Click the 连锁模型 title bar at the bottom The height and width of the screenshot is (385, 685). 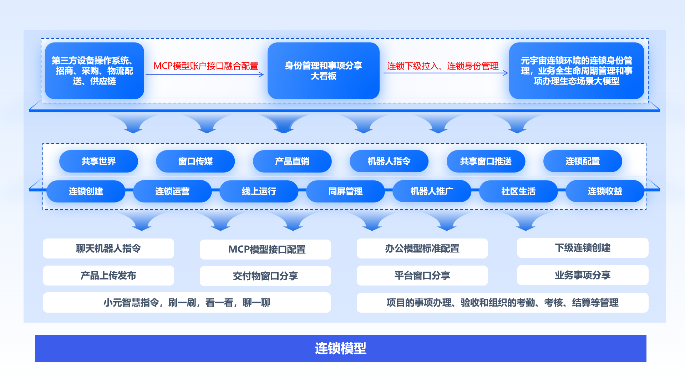click(340, 348)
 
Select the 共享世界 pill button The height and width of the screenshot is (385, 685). click(98, 161)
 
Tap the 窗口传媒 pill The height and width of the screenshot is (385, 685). click(195, 161)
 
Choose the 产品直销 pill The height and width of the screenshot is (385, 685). click(292, 161)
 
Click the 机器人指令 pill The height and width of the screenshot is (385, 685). click(389, 161)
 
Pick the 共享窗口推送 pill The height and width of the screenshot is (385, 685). click(486, 161)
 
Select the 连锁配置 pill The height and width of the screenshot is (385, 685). click(582, 161)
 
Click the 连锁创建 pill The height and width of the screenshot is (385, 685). click(86, 191)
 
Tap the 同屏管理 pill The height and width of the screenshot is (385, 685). click(345, 191)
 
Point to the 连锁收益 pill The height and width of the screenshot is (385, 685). click(605, 191)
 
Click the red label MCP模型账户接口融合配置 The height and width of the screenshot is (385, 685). click(206, 66)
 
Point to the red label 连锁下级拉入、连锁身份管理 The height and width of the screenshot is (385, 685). click(443, 66)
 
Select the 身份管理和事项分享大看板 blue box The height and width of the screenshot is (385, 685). click(323, 71)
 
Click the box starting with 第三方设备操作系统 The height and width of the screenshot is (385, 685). click(94, 71)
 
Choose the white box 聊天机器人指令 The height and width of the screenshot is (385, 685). click(108, 248)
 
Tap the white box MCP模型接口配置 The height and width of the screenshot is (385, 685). click(265, 250)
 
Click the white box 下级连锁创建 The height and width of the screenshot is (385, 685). click(582, 248)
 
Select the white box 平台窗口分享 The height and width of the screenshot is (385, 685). click(422, 276)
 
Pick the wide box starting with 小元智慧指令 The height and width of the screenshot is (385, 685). click(187, 303)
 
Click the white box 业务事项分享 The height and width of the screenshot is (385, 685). click(582, 275)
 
